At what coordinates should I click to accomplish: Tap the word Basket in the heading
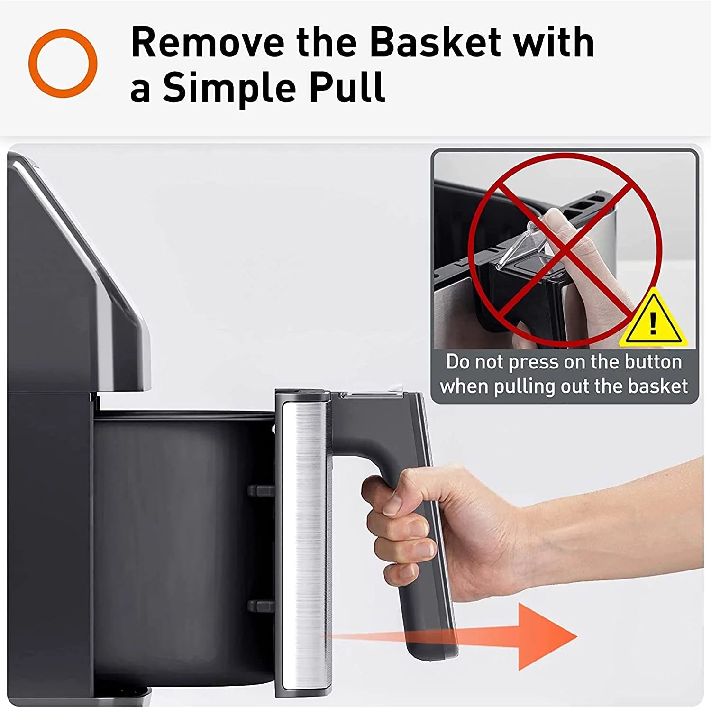coord(436,42)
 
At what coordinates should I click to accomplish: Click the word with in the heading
coord(553,42)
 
